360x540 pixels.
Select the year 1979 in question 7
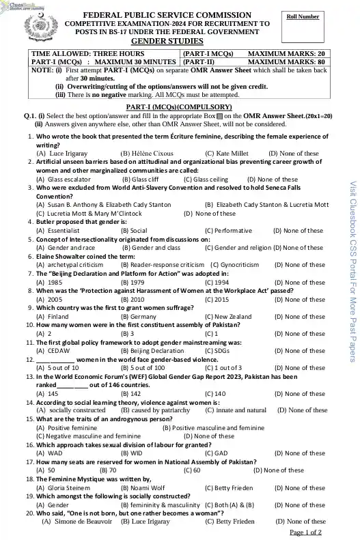[x=137, y=282]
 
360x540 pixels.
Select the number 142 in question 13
[x=135, y=394]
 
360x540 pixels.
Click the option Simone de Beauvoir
[x=74, y=522]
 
